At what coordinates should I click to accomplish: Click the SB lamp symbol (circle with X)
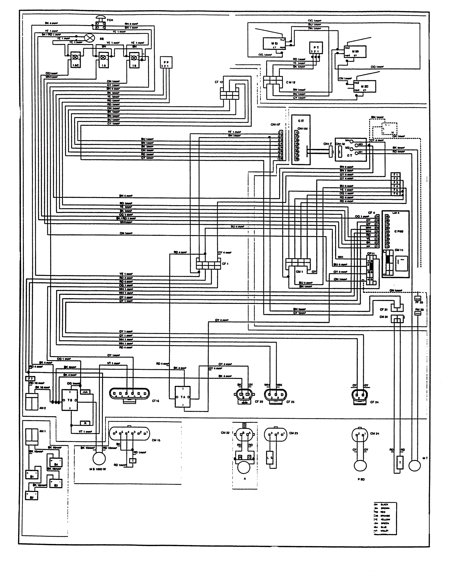tap(89, 38)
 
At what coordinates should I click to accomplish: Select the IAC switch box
tap(76, 60)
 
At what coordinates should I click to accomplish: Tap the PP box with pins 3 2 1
tap(166, 63)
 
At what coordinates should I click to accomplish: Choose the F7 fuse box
tap(30, 378)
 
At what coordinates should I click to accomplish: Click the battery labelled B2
tap(31, 496)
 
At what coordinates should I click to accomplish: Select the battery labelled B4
tap(56, 462)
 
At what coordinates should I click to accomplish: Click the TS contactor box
tap(70, 400)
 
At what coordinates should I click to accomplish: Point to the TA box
tap(183, 397)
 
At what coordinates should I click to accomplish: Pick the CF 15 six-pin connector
tap(129, 394)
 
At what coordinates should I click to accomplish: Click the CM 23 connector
tap(275, 434)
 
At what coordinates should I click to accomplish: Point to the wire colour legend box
tap(385, 518)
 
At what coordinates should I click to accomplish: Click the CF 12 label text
tap(219, 82)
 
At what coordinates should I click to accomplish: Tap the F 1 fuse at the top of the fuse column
tap(396, 175)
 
